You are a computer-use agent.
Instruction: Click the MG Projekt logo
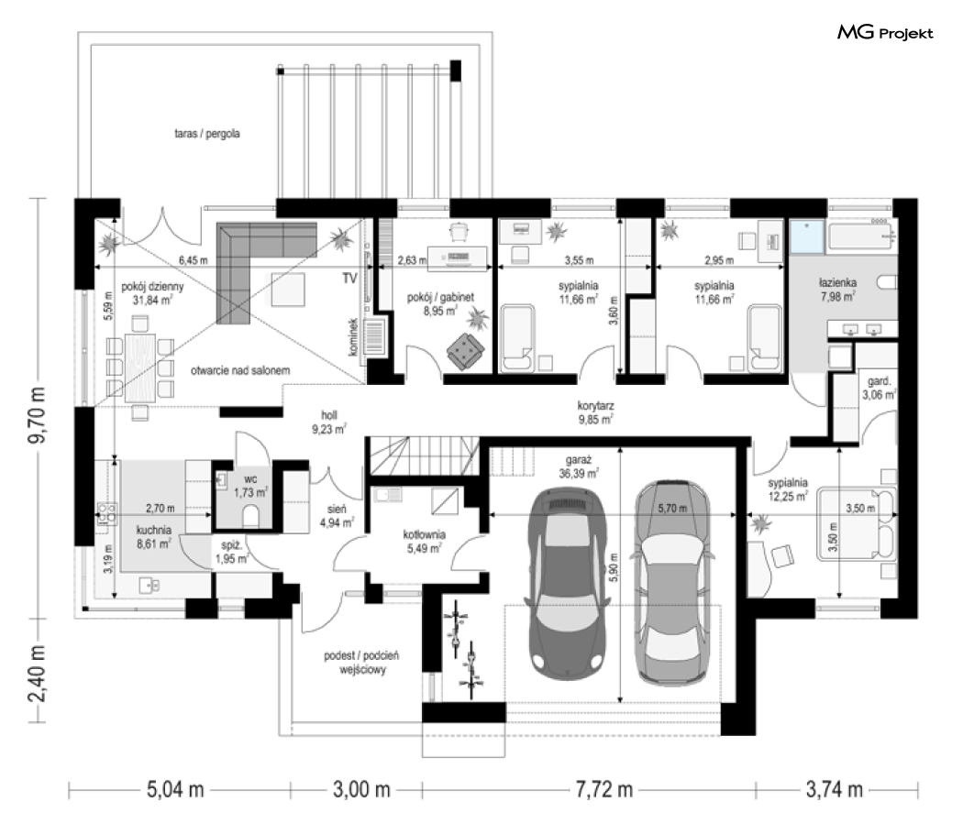[885, 32]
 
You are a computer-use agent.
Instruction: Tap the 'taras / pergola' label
[207, 133]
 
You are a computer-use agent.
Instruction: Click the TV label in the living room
[349, 279]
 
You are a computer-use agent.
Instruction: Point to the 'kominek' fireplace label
[352, 336]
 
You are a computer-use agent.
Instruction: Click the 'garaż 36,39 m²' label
[578, 466]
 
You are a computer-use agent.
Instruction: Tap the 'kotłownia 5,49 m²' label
[424, 542]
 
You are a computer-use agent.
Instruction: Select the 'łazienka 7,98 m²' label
[837, 290]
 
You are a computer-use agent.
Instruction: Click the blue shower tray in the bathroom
[806, 237]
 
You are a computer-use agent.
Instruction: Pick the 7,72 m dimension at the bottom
[603, 789]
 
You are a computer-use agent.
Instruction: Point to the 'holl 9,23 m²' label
[328, 422]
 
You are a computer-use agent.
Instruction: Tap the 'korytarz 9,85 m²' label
[595, 413]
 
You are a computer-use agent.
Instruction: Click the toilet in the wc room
[250, 516]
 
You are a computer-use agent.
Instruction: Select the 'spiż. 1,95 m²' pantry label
[231, 552]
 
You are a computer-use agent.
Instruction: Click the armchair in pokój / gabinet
[465, 352]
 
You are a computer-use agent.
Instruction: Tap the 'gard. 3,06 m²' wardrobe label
[879, 388]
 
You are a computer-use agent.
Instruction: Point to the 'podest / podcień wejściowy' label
[361, 663]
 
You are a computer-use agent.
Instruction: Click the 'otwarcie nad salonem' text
[240, 370]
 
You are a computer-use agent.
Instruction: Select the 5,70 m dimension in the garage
[672, 508]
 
